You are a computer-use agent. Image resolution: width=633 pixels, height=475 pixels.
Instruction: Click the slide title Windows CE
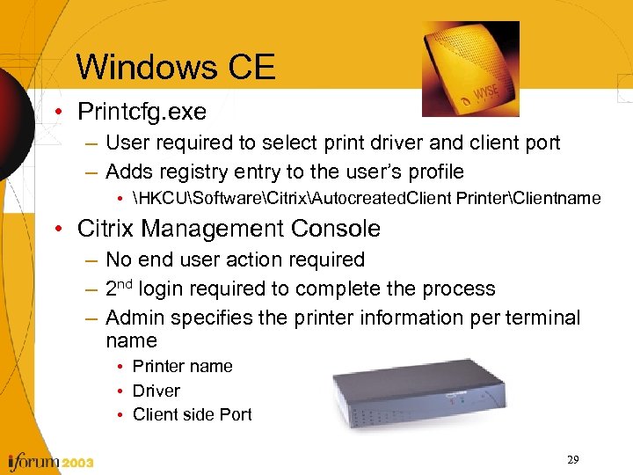point(176,67)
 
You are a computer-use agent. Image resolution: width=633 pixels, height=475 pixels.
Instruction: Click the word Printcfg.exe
point(142,113)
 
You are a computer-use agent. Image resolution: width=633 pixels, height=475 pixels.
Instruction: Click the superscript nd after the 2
point(126,283)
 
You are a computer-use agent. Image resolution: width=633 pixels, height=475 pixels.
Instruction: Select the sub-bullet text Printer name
point(183,366)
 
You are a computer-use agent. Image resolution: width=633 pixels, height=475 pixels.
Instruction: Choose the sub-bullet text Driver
point(156,391)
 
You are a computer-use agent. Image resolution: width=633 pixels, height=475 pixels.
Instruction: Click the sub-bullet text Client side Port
point(192,414)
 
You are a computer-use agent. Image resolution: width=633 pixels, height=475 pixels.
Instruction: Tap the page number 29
point(572,460)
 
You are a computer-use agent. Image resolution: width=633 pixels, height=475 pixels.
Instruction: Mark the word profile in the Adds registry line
point(433,172)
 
